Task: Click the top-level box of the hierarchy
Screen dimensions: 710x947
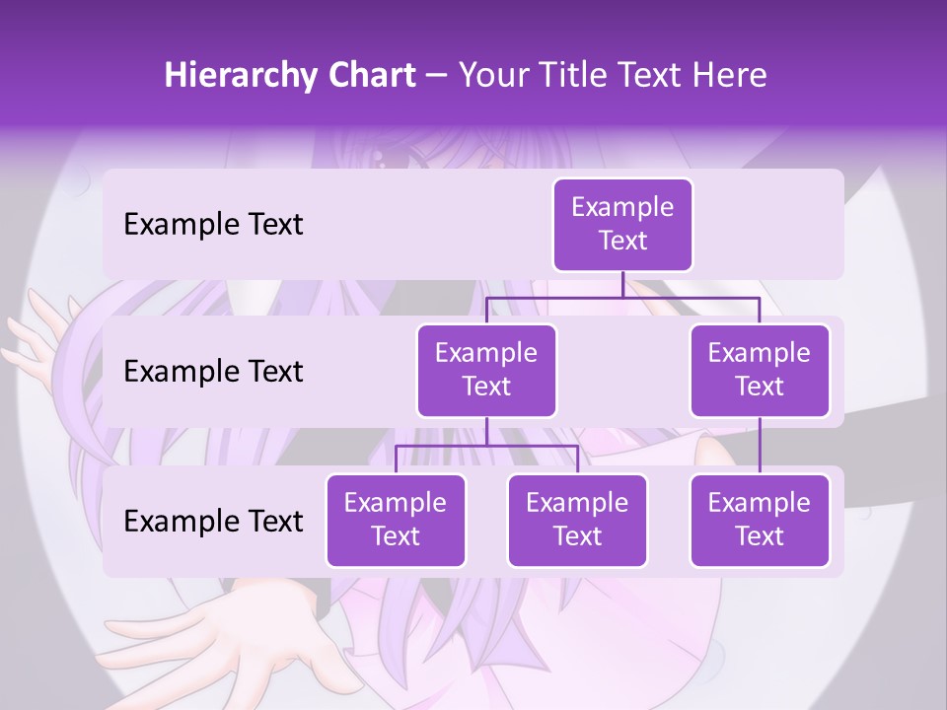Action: coord(622,224)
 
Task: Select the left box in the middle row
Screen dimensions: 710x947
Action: coord(486,370)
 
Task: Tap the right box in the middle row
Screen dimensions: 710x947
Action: coord(760,370)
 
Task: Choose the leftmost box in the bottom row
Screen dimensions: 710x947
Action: coord(396,520)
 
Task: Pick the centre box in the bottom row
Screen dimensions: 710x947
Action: coord(577,520)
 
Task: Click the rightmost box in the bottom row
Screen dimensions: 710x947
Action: coord(760,520)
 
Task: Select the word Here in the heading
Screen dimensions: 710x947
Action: coord(729,76)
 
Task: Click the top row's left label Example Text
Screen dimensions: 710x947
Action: coord(213,224)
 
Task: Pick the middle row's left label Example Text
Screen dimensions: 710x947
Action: coord(213,371)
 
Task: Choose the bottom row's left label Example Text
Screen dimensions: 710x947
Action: coord(213,521)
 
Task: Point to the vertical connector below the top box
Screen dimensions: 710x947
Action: coord(622,284)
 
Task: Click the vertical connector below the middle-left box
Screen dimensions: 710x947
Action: coord(486,431)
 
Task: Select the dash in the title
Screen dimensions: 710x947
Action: coord(437,76)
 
